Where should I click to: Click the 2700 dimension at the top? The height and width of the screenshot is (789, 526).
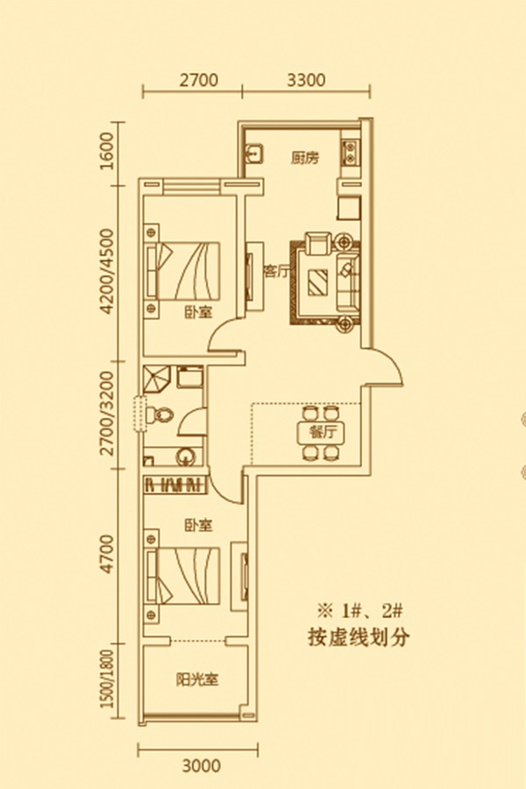[x=198, y=81]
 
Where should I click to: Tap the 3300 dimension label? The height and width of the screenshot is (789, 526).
[x=306, y=81]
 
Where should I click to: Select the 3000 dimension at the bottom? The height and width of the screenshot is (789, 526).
[x=202, y=764]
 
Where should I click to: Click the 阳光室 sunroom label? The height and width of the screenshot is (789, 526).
[x=196, y=678]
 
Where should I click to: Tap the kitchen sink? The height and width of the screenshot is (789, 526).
[x=255, y=154]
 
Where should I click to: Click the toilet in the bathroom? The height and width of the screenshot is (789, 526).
[x=160, y=414]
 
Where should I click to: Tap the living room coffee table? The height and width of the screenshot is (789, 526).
[x=317, y=281]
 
